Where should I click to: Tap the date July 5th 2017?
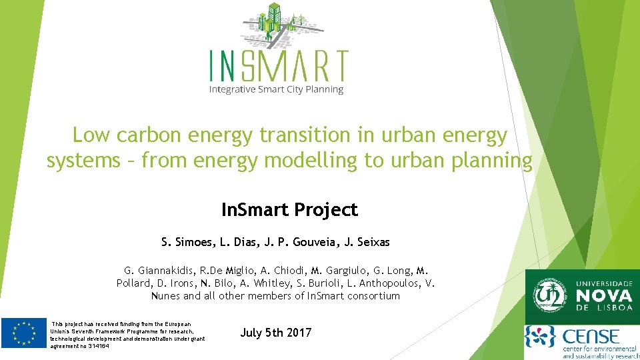click(276, 333)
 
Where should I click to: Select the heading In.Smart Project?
click(289, 210)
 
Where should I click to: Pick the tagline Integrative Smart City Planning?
click(276, 89)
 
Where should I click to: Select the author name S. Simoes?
click(186, 242)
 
